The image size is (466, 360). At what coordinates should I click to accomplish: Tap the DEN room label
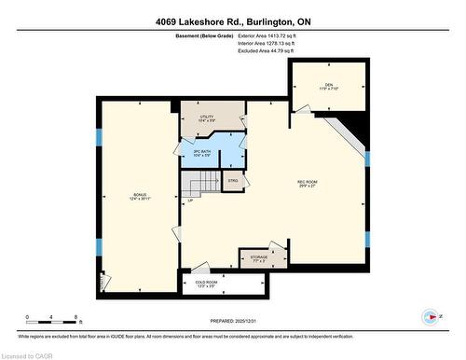(329, 86)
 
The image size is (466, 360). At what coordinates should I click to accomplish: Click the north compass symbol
(430, 315)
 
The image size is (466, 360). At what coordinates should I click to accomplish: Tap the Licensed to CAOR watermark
(27, 353)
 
